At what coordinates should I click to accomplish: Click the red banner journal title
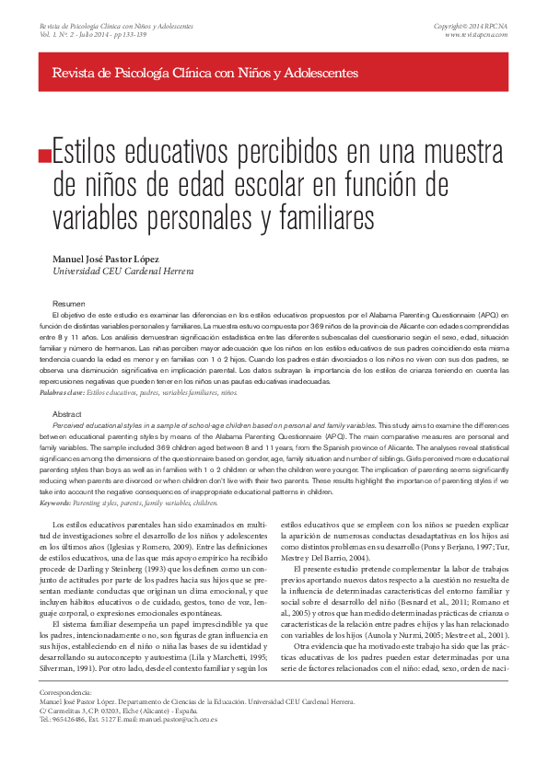pyautogui.click(x=205, y=72)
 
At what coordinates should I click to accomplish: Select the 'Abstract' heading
pyautogui.click(x=67, y=415)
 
